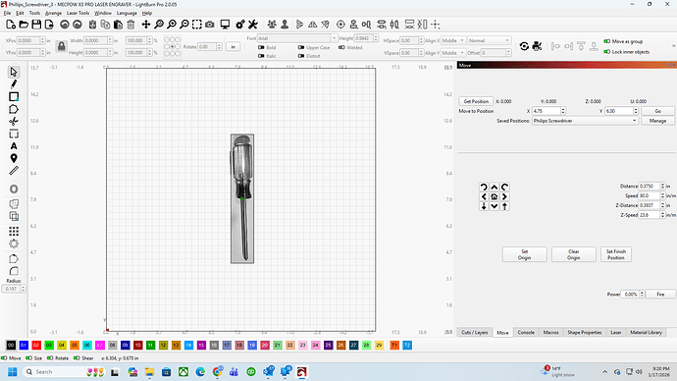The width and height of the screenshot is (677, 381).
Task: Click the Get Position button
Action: (474, 101)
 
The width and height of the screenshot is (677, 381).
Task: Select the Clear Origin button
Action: (574, 254)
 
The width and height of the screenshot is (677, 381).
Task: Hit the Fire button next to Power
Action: (660, 294)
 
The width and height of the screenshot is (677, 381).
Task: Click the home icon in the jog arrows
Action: (494, 196)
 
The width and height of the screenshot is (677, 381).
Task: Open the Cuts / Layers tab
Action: (474, 333)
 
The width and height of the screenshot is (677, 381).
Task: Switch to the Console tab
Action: (526, 333)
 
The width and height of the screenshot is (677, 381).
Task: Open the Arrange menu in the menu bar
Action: (53, 13)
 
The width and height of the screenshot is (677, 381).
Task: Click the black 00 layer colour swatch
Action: (11, 346)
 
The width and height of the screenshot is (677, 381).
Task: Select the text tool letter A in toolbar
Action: (14, 145)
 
